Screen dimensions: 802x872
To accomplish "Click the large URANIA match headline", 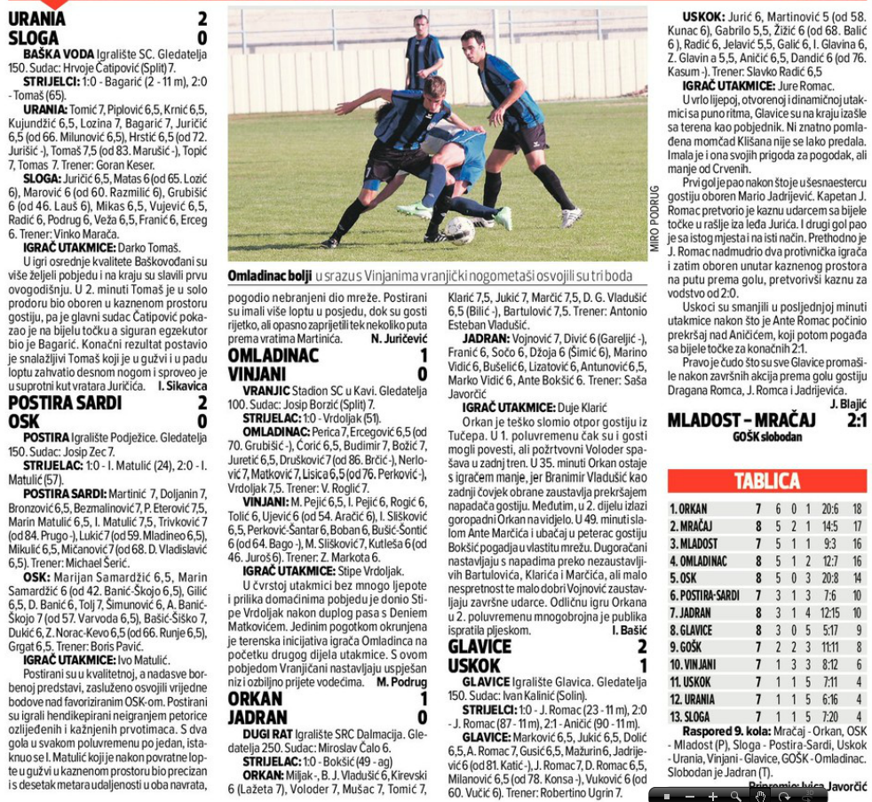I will point(36,19).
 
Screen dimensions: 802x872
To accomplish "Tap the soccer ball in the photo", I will point(459,230).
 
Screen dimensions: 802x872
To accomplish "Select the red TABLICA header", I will point(766,480).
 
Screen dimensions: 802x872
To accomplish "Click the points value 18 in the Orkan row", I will point(856,509).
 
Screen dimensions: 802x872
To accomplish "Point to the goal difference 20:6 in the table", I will point(805,509).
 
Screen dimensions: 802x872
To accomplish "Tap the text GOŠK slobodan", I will point(766,436).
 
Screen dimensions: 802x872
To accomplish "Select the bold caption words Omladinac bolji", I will point(269,275).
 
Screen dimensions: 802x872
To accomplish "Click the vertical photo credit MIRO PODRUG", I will point(654,218).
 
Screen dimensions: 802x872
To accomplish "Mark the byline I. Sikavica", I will point(182,385).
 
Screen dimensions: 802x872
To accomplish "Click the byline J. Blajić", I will point(847,402).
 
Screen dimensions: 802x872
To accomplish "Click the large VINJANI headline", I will point(258,374).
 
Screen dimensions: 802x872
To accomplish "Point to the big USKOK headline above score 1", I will point(475,665).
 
